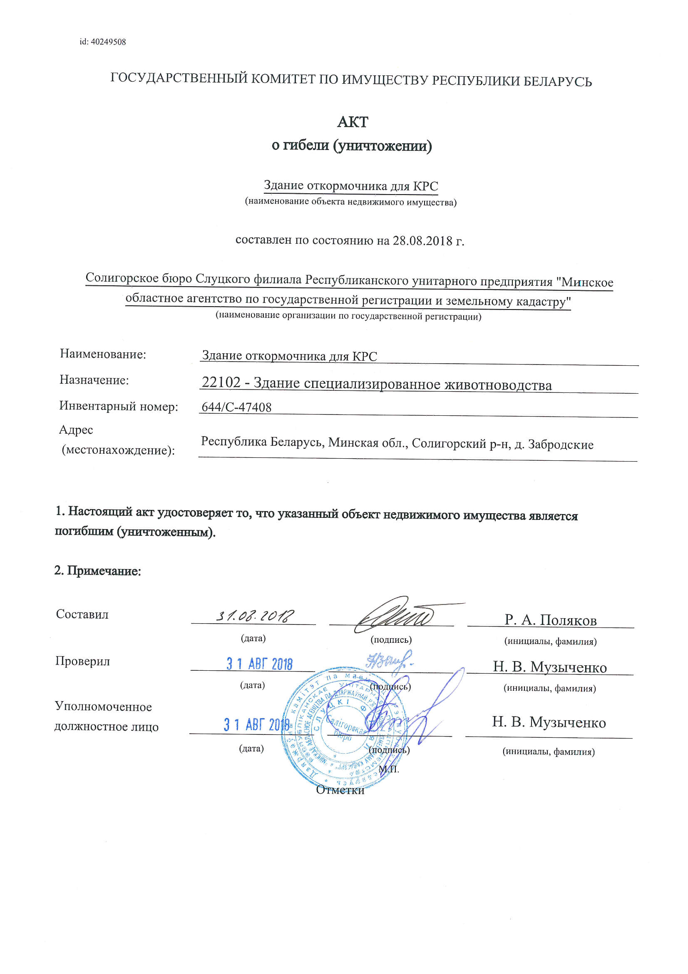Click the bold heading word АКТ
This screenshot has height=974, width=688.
[352, 122]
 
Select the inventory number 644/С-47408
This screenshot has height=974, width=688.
[236, 407]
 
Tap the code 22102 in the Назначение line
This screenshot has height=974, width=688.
[221, 382]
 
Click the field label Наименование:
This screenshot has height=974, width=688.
[103, 354]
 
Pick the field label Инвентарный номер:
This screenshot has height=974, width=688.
[119, 407]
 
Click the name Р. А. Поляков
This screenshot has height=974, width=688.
[550, 620]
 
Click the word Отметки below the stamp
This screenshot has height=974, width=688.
[340, 790]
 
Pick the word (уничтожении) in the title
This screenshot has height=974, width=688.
[382, 146]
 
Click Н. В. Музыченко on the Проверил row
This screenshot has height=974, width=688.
[549, 667]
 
